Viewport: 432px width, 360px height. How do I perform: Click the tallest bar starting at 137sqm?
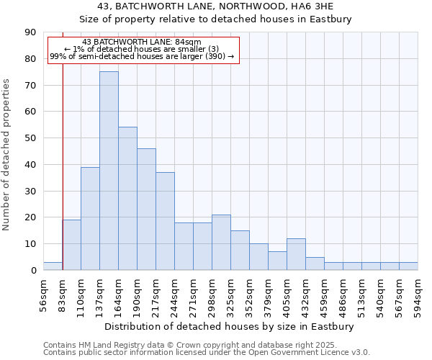[109, 171]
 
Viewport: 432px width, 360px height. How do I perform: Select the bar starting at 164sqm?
[127, 199]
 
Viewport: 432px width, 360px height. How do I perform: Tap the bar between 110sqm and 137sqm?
[90, 218]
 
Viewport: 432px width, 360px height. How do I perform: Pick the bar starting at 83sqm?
[71, 245]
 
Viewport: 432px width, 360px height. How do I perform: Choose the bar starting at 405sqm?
[296, 254]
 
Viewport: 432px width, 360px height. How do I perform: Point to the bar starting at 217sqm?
[165, 221]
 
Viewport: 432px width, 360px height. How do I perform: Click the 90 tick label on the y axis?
[30, 32]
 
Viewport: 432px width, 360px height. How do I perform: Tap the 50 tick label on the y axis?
[30, 138]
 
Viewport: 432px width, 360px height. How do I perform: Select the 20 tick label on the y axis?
[30, 217]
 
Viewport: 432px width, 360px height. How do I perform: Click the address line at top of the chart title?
[215, 6]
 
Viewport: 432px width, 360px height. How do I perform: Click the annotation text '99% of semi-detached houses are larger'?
[142, 56]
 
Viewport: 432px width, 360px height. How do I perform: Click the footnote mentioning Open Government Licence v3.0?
[207, 353]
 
